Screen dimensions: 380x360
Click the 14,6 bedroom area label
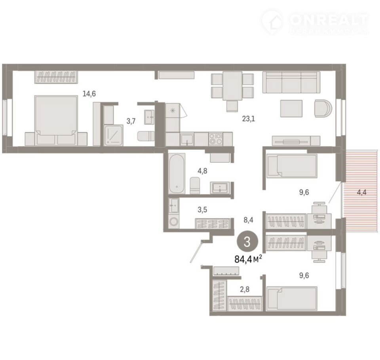pos(89,93)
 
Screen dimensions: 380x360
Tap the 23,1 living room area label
pos(249,119)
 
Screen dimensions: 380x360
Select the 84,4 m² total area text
pos(248,259)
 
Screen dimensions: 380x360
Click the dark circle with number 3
pos(247,242)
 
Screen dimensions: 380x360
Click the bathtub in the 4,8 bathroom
pos(177,173)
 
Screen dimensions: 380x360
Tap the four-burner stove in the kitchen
pos(216,139)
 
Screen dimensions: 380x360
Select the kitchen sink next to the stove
pos(187,140)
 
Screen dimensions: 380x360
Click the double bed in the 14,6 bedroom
pos(56,120)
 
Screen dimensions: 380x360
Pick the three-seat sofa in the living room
pos(291,82)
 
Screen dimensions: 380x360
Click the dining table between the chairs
pos(232,86)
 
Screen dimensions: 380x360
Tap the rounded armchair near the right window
pos(323,108)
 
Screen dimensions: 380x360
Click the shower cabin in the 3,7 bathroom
pos(114,135)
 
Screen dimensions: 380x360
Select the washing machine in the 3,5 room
pos(173,222)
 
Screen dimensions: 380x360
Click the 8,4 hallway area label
pos(249,220)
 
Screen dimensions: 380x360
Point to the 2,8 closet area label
pos(245,289)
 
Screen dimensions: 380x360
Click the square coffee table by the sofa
pos(291,108)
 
